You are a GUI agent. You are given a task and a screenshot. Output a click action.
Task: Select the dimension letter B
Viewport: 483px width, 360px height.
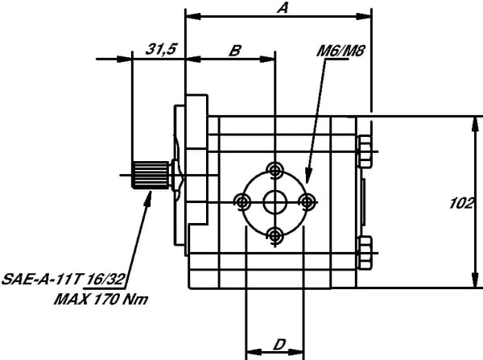234,50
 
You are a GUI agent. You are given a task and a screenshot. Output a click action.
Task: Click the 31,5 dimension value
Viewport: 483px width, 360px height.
160,49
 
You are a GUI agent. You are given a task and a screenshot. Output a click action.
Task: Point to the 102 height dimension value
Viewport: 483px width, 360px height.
460,204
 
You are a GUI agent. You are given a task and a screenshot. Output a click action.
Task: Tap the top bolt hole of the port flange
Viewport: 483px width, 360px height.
276,169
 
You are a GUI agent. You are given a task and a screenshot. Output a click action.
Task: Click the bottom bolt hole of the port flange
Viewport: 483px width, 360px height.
276,234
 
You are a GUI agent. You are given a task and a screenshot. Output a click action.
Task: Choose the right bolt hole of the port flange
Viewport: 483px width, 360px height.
308,201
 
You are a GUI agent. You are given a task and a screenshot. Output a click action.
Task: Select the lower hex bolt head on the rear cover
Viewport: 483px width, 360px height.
365,250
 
